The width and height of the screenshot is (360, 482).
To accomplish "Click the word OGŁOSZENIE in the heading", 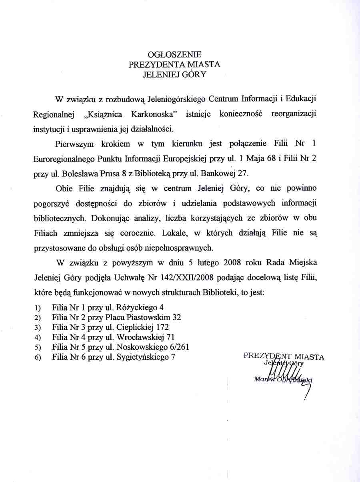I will pos(174,54).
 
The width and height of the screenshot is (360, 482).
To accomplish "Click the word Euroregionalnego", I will pos(64,158).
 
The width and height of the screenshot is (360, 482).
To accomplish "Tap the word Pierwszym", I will pos(72,143).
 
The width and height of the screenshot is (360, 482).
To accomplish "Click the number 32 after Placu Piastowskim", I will pos(176,317).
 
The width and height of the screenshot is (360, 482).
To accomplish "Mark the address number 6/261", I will pos(178,347).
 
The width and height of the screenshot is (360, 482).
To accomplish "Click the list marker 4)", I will pos(38,337).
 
